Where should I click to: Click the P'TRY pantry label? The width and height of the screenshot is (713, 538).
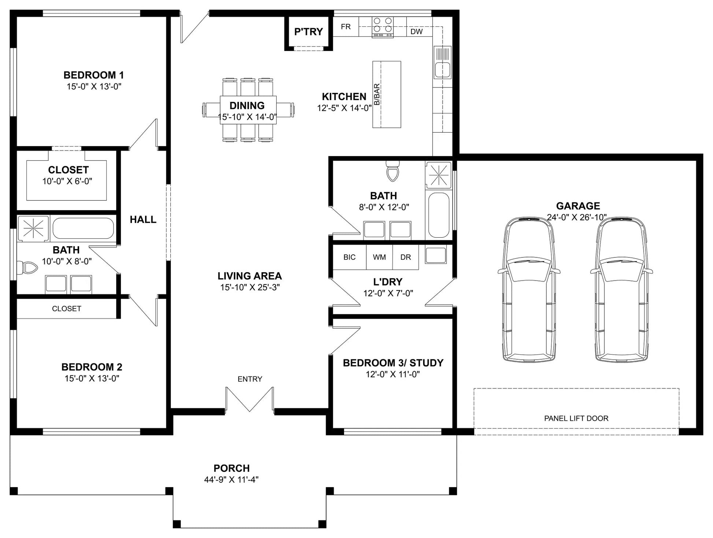(x=309, y=32)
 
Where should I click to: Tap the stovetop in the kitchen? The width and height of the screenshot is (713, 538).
(x=383, y=27)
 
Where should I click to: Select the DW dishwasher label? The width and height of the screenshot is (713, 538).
(x=417, y=32)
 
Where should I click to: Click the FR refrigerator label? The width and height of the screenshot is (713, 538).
(x=346, y=27)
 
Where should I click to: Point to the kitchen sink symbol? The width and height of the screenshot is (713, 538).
(x=442, y=62)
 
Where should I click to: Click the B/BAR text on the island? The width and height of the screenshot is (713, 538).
(x=377, y=94)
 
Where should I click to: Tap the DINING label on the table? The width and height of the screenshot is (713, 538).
(x=247, y=105)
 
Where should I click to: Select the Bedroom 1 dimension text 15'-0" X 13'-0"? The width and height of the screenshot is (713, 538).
(x=94, y=87)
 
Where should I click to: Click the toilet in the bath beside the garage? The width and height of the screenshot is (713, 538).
(x=392, y=171)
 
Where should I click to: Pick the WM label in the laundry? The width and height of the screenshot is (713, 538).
(x=379, y=257)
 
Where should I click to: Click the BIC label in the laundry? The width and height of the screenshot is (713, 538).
(x=349, y=257)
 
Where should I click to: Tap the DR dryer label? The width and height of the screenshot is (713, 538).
(x=406, y=257)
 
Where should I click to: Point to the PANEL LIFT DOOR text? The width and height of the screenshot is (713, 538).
(x=576, y=418)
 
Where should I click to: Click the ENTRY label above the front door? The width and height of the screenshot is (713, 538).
(x=250, y=379)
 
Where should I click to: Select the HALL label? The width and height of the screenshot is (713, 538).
(x=143, y=219)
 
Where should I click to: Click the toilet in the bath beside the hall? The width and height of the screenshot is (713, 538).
(x=27, y=268)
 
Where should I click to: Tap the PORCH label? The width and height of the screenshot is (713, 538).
(x=232, y=468)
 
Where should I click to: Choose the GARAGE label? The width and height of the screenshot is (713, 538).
(x=578, y=206)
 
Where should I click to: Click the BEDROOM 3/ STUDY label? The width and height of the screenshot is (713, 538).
(x=393, y=363)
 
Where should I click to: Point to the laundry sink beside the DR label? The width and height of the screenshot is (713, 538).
(x=436, y=255)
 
